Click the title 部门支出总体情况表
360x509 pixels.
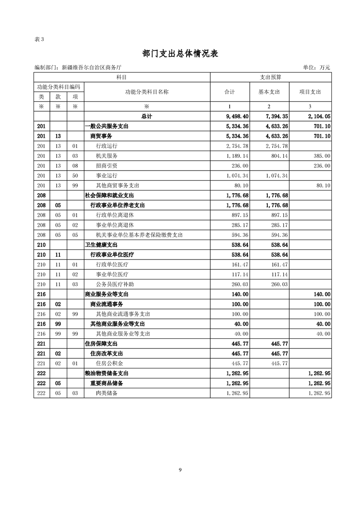(180, 54)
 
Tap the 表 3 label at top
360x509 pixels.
(39, 39)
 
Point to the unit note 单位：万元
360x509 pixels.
(316, 68)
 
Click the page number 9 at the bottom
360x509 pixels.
(180, 470)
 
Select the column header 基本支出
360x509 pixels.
(269, 92)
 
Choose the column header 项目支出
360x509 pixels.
(310, 92)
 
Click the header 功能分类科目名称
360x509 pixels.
(147, 92)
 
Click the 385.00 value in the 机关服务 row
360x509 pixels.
(321, 156)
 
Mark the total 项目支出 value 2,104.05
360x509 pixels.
(317, 117)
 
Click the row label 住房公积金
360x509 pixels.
(110, 363)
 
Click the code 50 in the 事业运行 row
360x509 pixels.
(58, 176)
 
